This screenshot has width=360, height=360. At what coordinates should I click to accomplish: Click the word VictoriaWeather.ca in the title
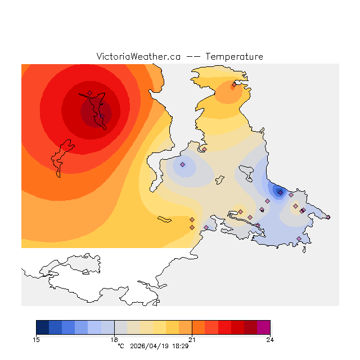138,57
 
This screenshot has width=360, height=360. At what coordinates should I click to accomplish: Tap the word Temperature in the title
234,57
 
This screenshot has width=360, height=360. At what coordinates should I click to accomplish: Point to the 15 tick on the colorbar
37,339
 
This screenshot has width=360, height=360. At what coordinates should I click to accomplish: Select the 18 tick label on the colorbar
114,339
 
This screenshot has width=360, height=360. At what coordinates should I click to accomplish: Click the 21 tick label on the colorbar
192,339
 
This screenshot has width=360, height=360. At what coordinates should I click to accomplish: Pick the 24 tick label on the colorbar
270,339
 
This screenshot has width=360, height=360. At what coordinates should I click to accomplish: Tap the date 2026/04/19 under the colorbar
149,346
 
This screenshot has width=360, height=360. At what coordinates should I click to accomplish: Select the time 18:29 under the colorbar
180,346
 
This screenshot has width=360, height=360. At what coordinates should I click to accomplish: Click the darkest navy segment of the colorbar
42,327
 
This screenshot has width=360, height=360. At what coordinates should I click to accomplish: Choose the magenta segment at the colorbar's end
263,327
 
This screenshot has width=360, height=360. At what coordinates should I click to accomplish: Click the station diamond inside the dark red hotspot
89,93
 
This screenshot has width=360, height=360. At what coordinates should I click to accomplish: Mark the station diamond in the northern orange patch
234,84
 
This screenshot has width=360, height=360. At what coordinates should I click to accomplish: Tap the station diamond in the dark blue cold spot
280,192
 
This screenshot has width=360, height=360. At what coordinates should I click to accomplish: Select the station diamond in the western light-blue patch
183,165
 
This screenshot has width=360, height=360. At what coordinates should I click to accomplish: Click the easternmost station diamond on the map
328,217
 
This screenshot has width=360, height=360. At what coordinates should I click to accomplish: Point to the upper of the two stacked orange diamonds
192,219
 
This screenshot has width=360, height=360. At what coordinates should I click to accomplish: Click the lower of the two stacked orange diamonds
192,227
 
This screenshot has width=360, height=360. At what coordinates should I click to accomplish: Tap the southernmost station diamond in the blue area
299,238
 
